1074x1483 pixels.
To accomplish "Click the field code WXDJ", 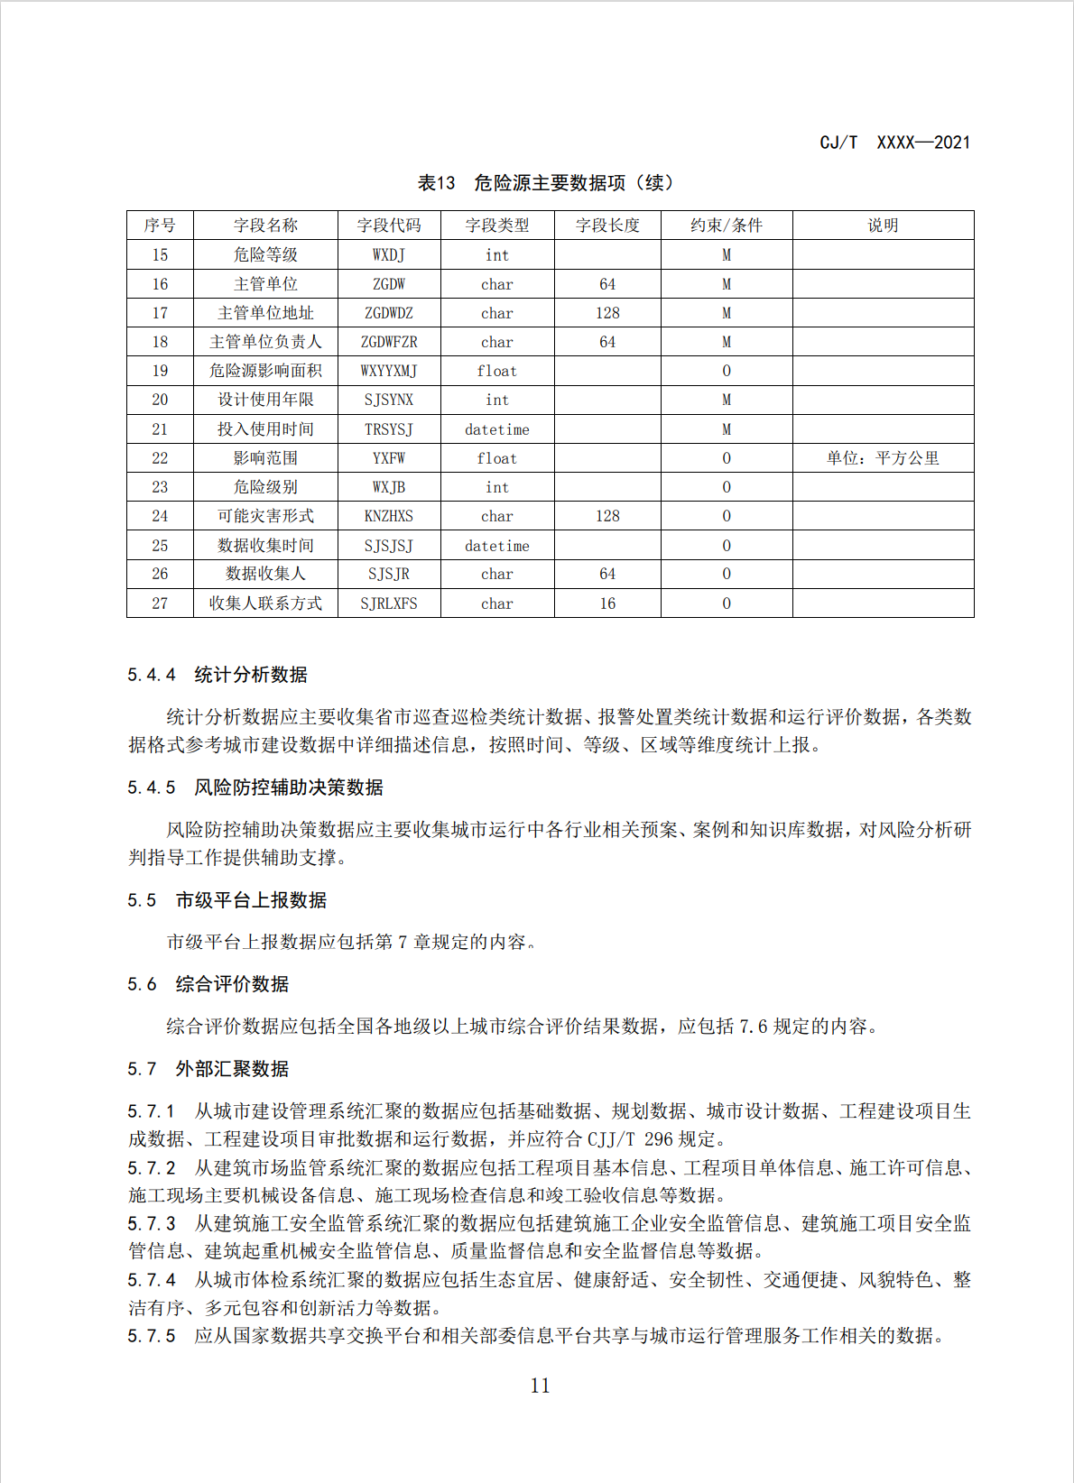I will (x=389, y=255).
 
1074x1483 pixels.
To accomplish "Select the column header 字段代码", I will (x=389, y=226).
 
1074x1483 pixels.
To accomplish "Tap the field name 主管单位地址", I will (x=265, y=313).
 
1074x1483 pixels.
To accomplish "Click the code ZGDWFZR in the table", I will (x=389, y=342).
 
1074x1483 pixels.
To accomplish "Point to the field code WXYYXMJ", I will (x=389, y=371).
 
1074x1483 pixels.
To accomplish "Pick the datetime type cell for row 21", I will (x=497, y=429).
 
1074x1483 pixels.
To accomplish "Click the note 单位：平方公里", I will (x=883, y=458).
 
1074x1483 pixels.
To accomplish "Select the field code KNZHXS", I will (x=389, y=516).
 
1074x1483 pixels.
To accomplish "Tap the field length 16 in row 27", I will (x=607, y=603).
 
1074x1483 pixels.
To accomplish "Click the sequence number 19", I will (x=160, y=371).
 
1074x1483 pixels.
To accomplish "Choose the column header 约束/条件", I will (x=727, y=226).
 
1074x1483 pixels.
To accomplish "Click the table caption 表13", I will (x=437, y=183).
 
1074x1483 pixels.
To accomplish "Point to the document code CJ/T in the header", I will (x=838, y=143).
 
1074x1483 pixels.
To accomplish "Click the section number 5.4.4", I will (x=152, y=675).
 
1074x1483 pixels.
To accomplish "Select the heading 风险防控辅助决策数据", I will (x=289, y=788).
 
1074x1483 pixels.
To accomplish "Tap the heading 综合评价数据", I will (x=232, y=984).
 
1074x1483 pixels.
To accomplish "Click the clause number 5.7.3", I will (x=152, y=1224).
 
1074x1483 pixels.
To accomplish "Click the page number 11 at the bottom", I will (x=540, y=1386).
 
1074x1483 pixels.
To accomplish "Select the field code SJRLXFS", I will (x=389, y=603).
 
